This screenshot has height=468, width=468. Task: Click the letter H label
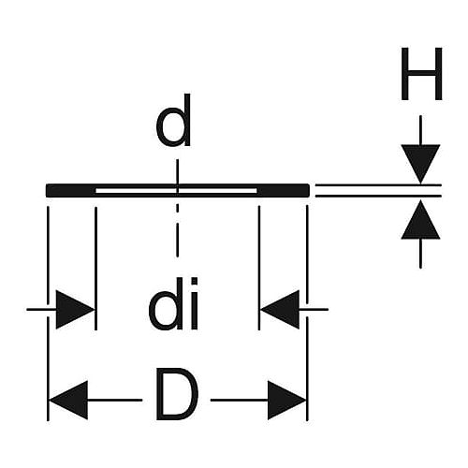421,74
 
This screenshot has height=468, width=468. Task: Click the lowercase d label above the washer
173,120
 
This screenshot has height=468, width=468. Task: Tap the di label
173,303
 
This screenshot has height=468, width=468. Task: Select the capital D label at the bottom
177,394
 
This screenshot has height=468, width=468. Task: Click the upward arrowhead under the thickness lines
420,219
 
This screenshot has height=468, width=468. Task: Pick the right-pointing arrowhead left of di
75,310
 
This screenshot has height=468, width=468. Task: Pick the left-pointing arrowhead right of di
280,310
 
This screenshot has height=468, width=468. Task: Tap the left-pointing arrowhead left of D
68,400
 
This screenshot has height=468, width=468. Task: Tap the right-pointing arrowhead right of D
286,400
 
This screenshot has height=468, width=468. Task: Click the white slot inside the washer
176,191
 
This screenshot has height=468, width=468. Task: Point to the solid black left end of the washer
70,191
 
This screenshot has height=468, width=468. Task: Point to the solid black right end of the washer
284,191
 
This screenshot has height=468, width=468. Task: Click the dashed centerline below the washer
177,231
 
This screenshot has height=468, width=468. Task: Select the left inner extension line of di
95,269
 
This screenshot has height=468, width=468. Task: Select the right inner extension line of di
259,268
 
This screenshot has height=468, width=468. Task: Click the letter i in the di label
195,303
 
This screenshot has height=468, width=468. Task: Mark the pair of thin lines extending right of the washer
378,191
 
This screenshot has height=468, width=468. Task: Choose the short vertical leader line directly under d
177,173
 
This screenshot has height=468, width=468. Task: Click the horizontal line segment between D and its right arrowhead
240,400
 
